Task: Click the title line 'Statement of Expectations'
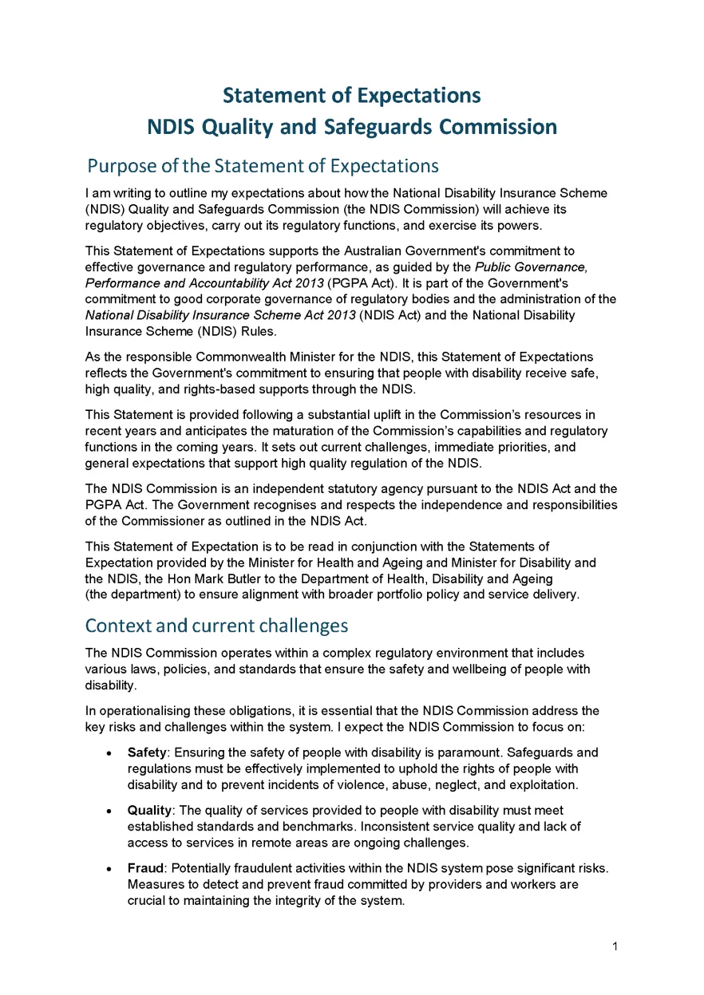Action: pyautogui.click(x=352, y=96)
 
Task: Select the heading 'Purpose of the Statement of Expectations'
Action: pyautogui.click(x=263, y=166)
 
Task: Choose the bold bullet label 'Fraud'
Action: pyautogui.click(x=146, y=868)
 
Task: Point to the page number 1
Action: pyautogui.click(x=615, y=947)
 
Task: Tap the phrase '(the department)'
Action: pyautogui.click(x=130, y=594)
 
